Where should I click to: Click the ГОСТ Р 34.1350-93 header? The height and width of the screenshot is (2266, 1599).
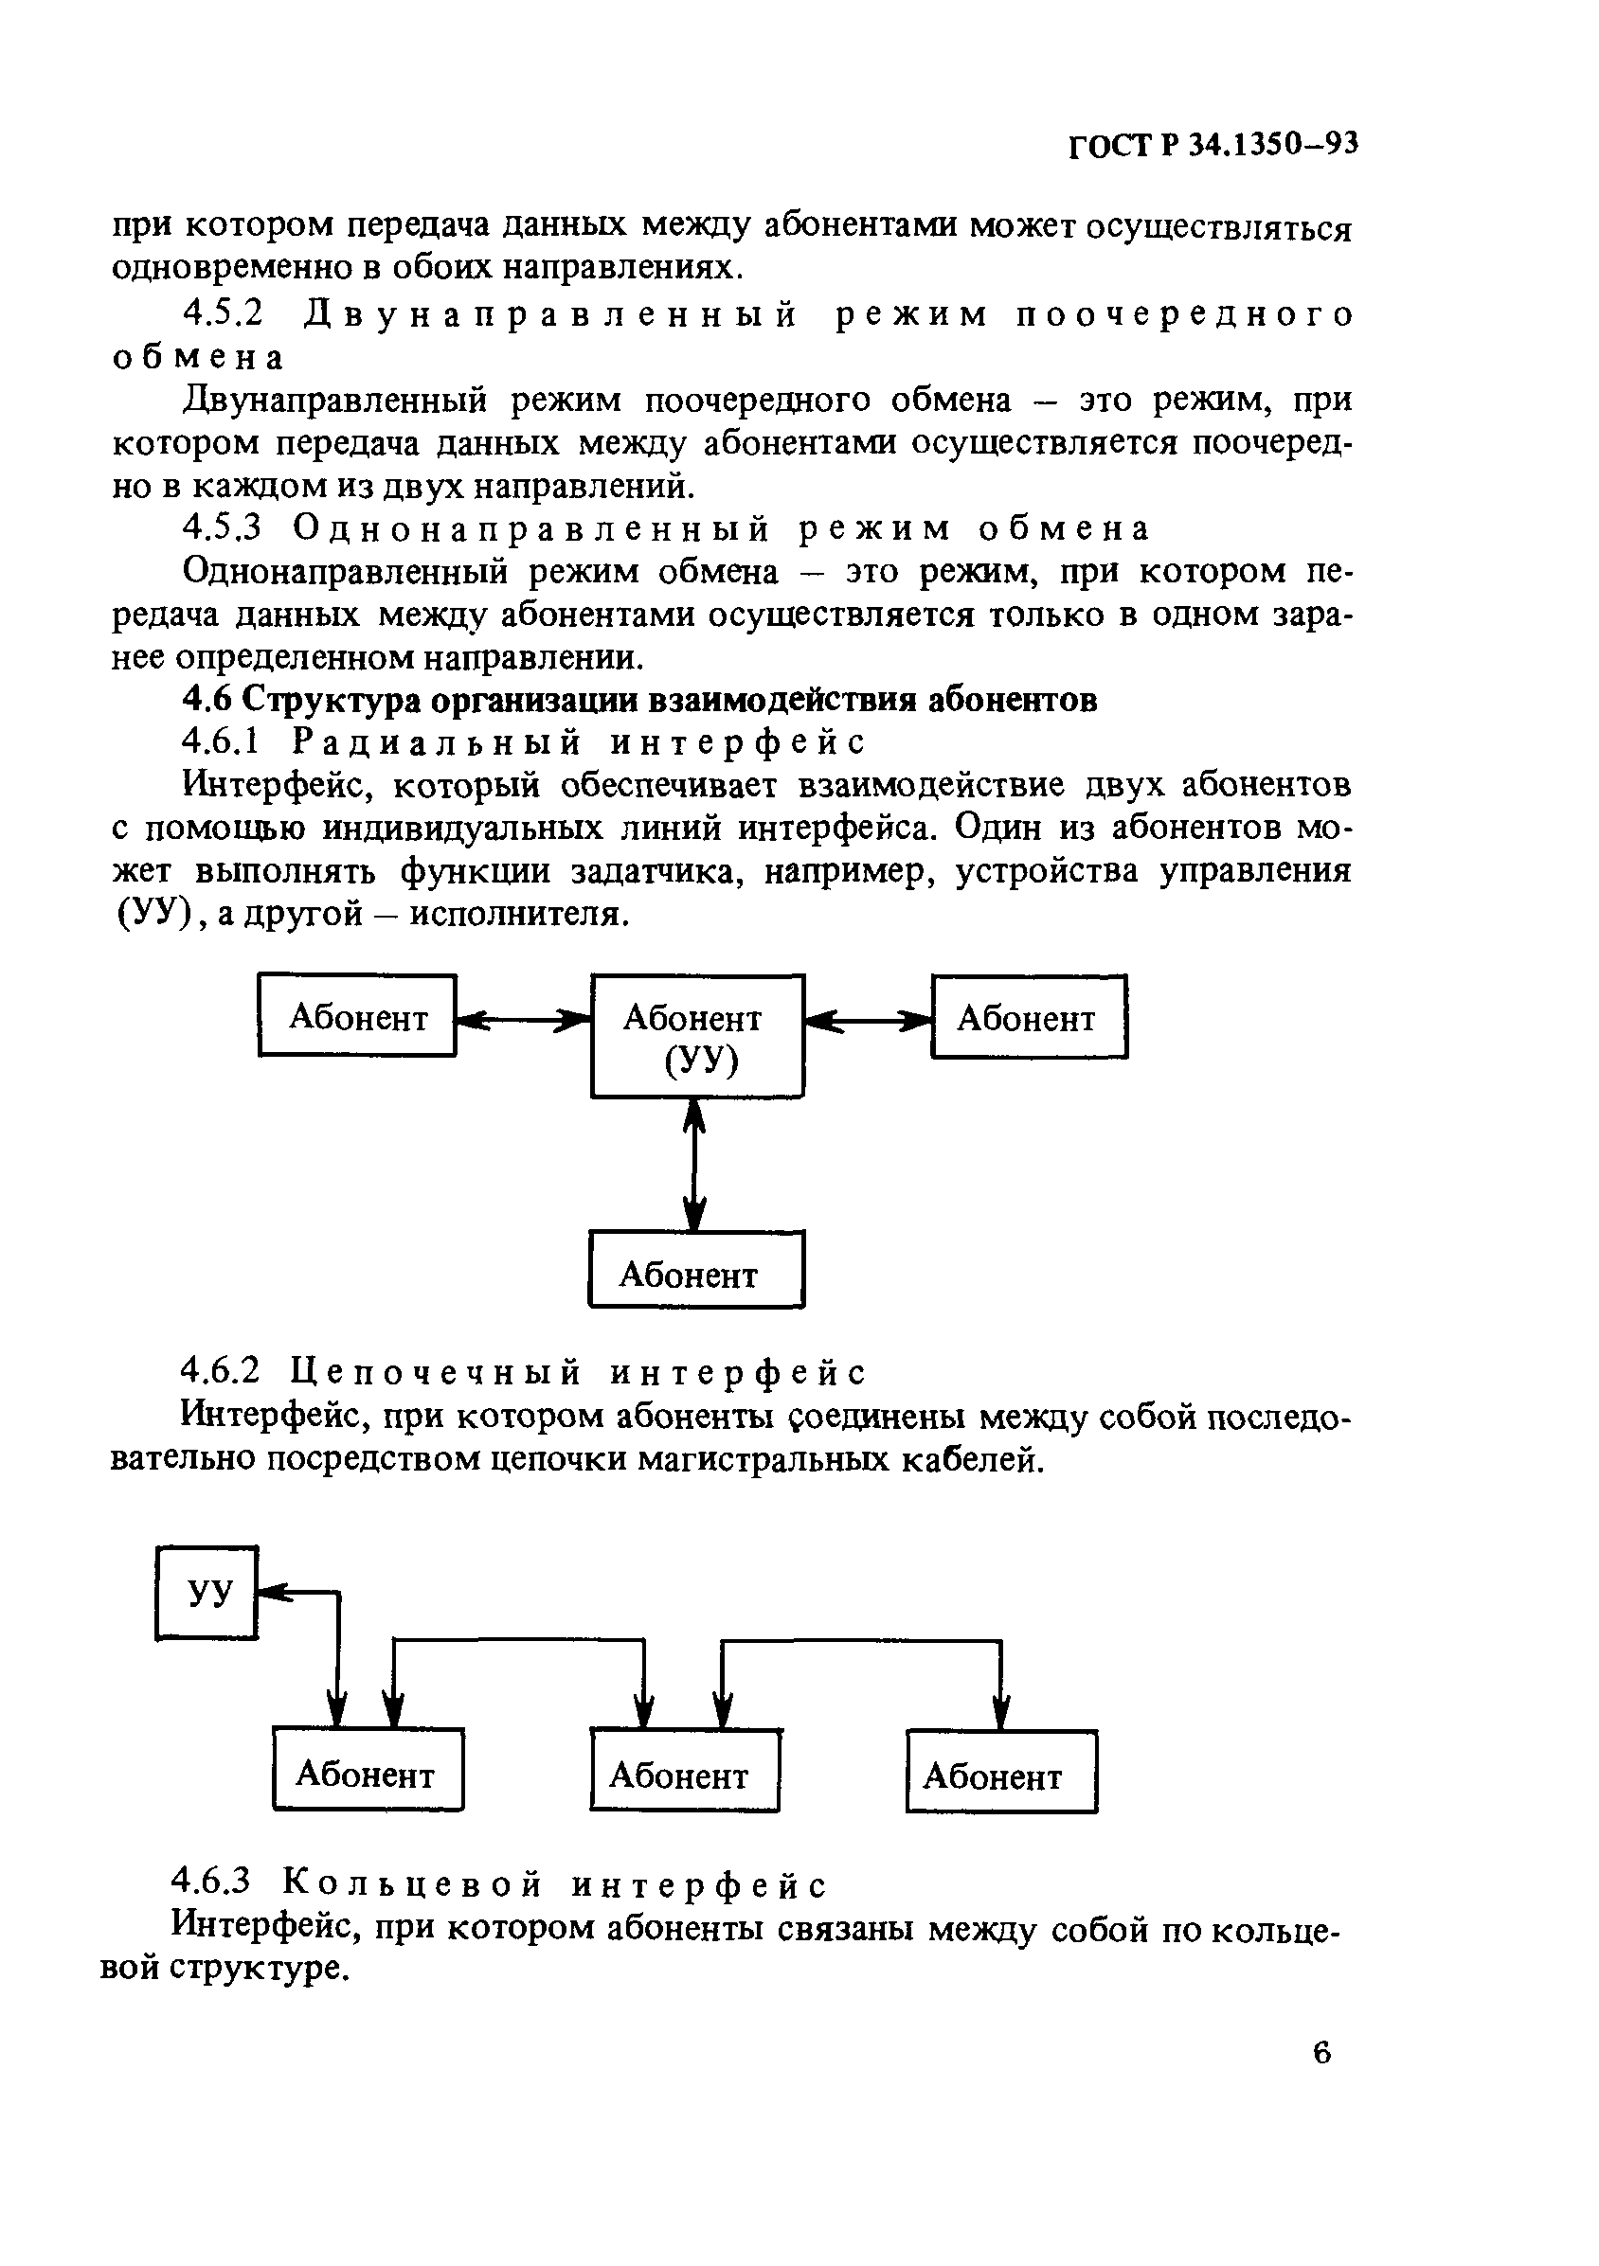tap(1213, 145)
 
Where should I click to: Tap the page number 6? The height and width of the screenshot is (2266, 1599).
tap(1322, 2052)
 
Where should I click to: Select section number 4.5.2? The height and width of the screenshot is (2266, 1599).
tap(225, 313)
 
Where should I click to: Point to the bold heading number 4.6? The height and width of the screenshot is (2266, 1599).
tap(207, 699)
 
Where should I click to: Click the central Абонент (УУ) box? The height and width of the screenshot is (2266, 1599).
tap(697, 1036)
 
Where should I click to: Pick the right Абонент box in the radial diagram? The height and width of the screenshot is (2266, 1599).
tap(1029, 1017)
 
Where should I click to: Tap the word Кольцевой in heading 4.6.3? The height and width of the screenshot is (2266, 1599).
tap(412, 1885)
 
